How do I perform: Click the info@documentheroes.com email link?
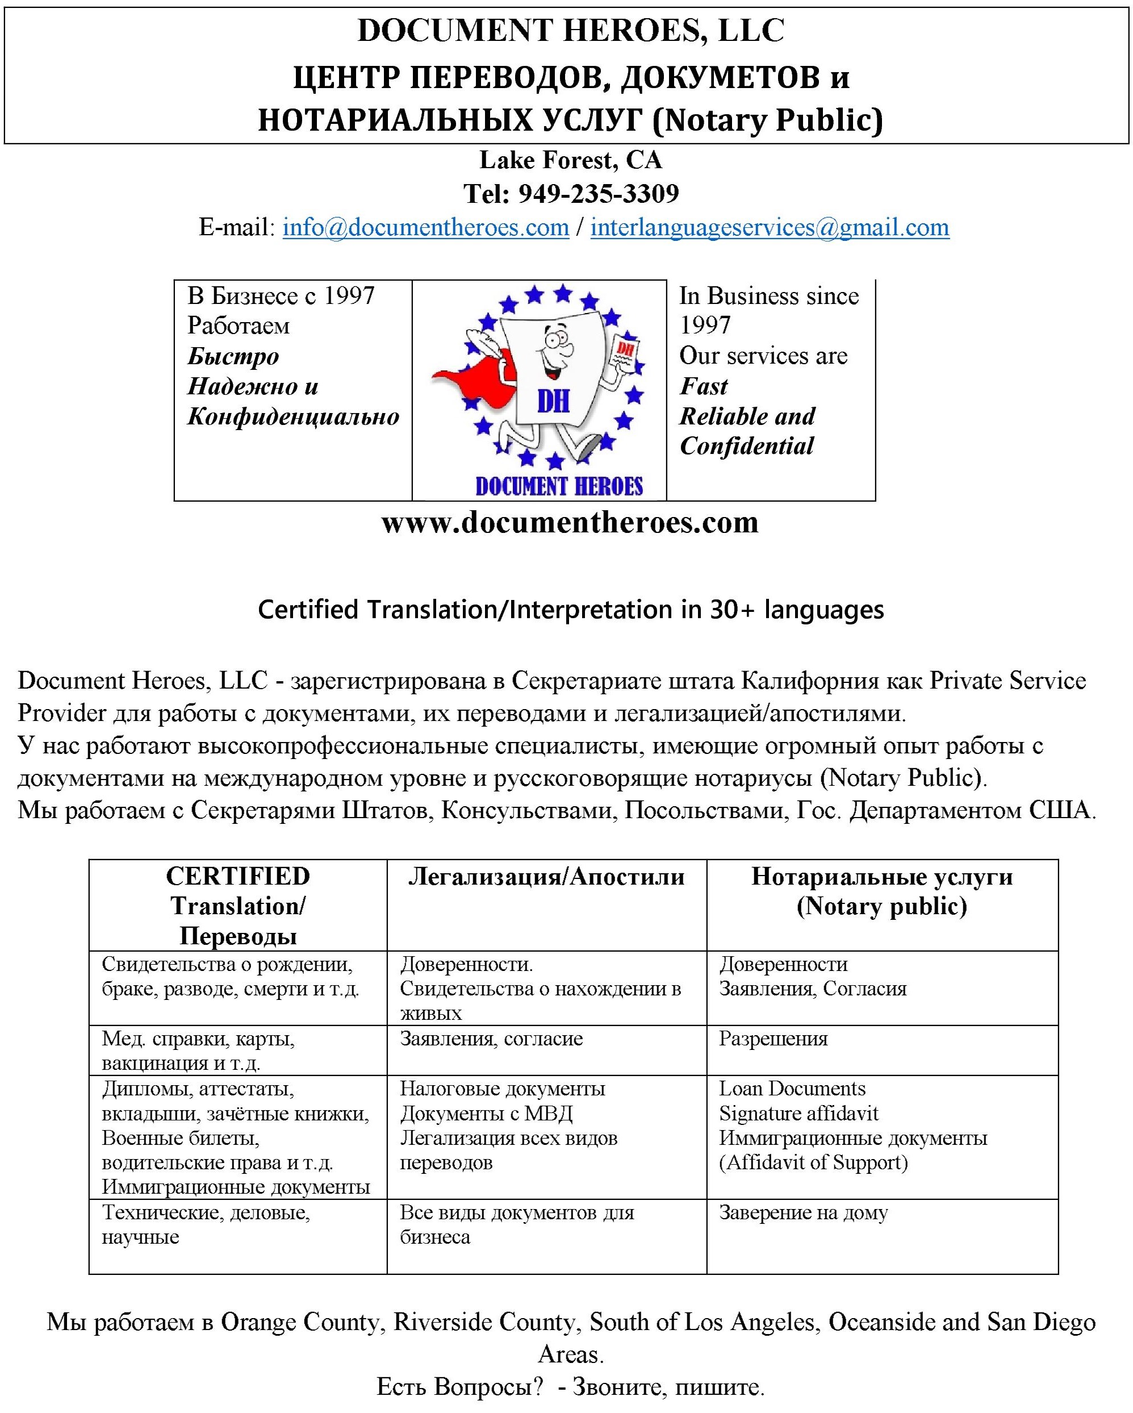tap(425, 227)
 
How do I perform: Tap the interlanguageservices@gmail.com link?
tap(770, 227)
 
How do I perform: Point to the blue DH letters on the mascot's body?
tap(553, 401)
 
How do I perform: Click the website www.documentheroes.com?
tap(570, 522)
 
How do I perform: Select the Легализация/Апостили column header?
tap(546, 876)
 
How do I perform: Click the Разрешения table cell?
tap(774, 1039)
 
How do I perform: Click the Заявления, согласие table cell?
tap(491, 1039)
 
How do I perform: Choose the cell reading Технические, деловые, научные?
tap(206, 1225)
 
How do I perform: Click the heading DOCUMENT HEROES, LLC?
tap(570, 31)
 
